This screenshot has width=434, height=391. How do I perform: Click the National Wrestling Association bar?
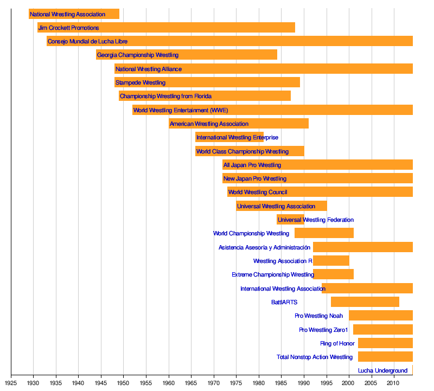(74, 14)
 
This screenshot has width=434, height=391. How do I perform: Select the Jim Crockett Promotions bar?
(166, 28)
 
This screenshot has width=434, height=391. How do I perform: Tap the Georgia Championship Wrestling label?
(138, 55)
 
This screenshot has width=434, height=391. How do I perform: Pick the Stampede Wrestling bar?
(207, 82)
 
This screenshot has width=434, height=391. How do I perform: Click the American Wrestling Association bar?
(239, 124)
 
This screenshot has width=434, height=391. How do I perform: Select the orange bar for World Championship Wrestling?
(324, 233)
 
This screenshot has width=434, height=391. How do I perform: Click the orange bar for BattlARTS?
(365, 302)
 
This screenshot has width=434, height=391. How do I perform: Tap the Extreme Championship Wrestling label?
(273, 275)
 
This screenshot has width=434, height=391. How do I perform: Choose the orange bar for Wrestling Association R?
(331, 261)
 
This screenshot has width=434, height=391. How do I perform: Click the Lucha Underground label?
(382, 371)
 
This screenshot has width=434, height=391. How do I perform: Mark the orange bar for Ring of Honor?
(385, 343)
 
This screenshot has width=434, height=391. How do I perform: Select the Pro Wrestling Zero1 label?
(323, 330)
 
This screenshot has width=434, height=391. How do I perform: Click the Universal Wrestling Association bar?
(282, 206)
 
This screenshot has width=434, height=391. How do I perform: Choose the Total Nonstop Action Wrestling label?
(315, 357)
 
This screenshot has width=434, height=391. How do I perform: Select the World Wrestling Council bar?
(320, 192)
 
